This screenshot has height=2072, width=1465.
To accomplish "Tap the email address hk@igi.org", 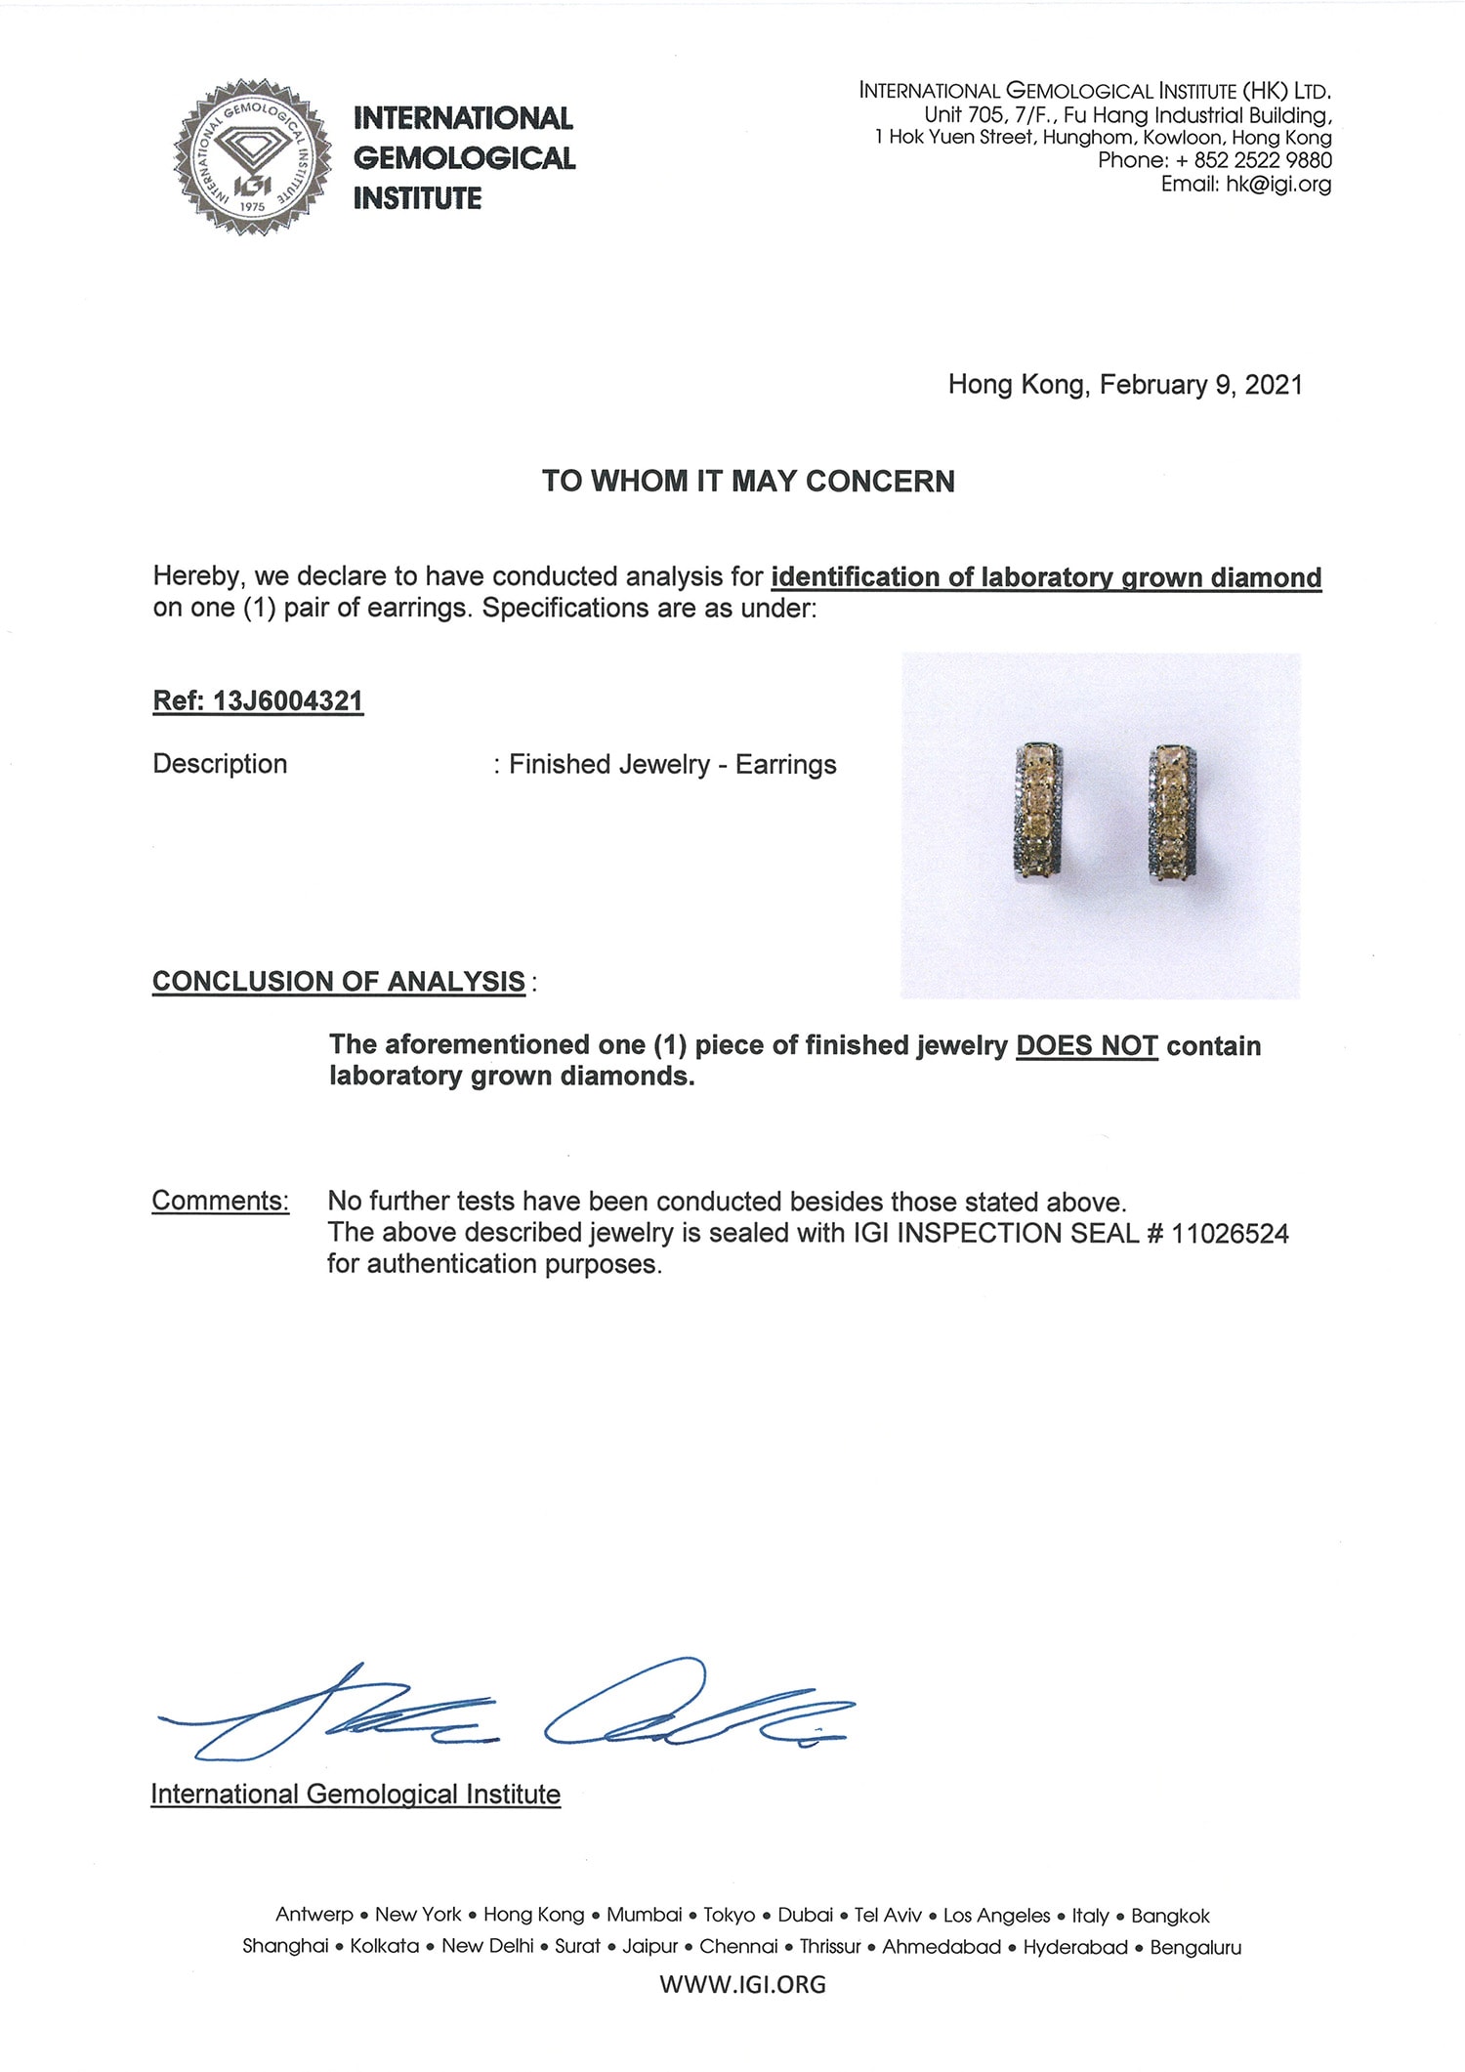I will (1278, 185).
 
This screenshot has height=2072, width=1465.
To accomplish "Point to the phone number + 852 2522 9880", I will (1254, 160).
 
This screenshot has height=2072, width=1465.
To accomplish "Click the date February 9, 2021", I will (1200, 385).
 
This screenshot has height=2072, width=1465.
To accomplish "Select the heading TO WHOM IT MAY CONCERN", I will (748, 482).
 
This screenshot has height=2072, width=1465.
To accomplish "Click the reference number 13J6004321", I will (287, 701).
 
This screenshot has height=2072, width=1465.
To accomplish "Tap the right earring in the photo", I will (1171, 814).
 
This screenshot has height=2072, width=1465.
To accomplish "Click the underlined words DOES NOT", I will (1086, 1046).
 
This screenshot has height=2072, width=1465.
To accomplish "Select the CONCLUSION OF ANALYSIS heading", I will (339, 982).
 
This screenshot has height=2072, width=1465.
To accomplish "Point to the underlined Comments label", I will (221, 1201).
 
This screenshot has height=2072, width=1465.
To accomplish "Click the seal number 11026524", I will (1230, 1234).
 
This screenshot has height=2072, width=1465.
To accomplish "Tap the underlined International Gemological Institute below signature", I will (356, 1795).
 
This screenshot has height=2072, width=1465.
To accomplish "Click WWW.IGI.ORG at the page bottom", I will (742, 1984).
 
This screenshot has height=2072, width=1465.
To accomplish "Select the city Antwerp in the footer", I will (314, 1916).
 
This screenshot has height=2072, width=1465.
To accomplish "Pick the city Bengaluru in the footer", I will (1195, 1947).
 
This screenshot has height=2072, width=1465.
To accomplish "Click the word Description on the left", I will (220, 764).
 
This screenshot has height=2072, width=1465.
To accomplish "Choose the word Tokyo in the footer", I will (729, 1916).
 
